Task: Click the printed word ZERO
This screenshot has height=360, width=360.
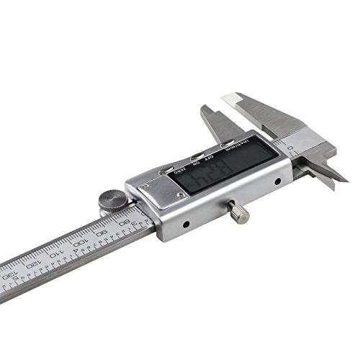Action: tap(181, 171)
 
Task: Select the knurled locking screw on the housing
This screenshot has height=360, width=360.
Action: tap(238, 213)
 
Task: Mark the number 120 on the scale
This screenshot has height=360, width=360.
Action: tap(30, 262)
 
